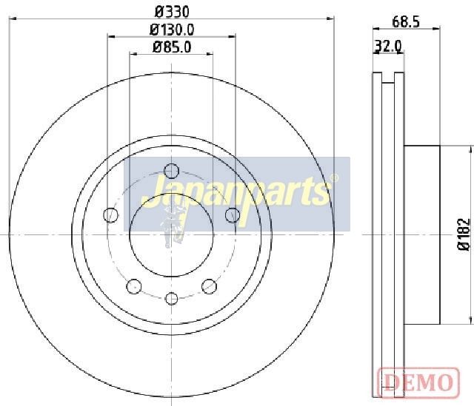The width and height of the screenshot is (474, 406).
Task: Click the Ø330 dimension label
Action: click(172, 12)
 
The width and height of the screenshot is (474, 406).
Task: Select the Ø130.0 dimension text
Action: click(172, 30)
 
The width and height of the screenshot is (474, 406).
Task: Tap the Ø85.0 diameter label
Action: click(172, 47)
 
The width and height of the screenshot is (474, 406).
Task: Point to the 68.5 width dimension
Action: click(406, 21)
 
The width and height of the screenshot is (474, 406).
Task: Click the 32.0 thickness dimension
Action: click(388, 46)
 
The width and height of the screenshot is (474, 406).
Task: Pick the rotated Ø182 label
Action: click(464, 234)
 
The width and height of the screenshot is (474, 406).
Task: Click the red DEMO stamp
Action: click(418, 382)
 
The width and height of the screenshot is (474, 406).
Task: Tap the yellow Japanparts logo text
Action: click(236, 193)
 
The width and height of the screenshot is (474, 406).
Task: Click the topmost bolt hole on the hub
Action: click(171, 171)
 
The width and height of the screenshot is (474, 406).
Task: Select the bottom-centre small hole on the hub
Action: click(171, 299)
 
